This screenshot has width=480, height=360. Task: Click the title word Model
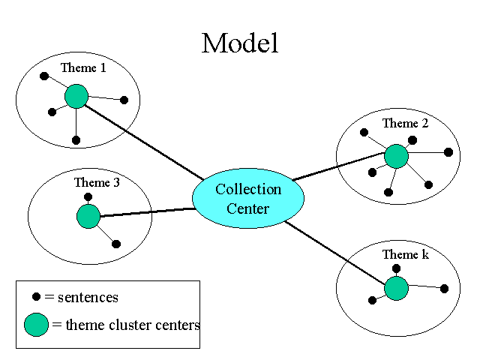pyautogui.click(x=240, y=43)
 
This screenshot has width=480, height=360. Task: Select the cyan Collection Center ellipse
pyautogui.click(x=248, y=198)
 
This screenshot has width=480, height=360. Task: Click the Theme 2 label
pyautogui.click(x=405, y=124)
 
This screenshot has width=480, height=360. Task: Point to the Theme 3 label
pyautogui.click(x=97, y=182)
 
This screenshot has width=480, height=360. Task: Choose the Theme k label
pyautogui.click(x=405, y=255)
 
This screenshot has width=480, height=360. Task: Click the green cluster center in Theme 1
pyautogui.click(x=76, y=96)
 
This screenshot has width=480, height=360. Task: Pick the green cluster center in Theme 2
pyautogui.click(x=396, y=156)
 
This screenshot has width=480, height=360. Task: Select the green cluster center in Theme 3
pyautogui.click(x=88, y=217)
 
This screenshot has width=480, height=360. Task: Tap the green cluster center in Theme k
pyautogui.click(x=396, y=288)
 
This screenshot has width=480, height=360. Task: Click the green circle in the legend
pyautogui.click(x=36, y=325)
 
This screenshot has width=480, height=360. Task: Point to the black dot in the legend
pyautogui.click(x=36, y=297)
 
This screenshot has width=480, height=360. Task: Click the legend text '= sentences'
pyautogui.click(x=82, y=298)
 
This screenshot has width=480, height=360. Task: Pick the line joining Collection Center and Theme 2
pyautogui.click(x=337, y=168)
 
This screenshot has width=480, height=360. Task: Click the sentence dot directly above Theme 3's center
pyautogui.click(x=88, y=197)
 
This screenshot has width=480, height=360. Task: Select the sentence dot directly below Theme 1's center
pyautogui.click(x=76, y=139)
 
